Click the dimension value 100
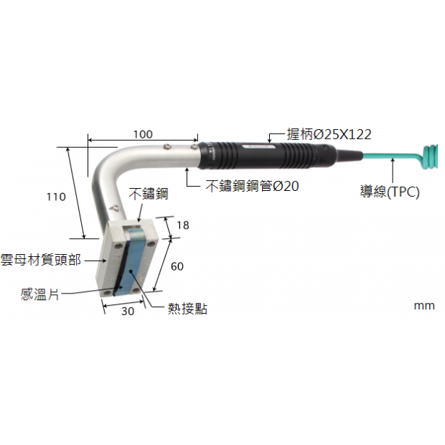(x=143, y=134)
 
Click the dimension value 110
(x=56, y=197)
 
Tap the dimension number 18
(x=183, y=225)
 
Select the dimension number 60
(x=177, y=266)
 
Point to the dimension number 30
(x=128, y=311)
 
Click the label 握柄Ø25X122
(x=329, y=134)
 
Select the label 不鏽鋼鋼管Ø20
(x=252, y=186)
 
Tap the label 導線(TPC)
(x=390, y=192)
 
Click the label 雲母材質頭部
(x=41, y=260)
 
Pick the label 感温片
(x=39, y=294)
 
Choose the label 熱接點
(x=187, y=309)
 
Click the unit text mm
(x=424, y=306)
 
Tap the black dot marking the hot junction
(x=131, y=271)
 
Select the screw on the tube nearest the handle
(x=194, y=146)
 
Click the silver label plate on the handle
(x=259, y=146)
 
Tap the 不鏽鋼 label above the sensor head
(x=148, y=194)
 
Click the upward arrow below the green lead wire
(x=393, y=171)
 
